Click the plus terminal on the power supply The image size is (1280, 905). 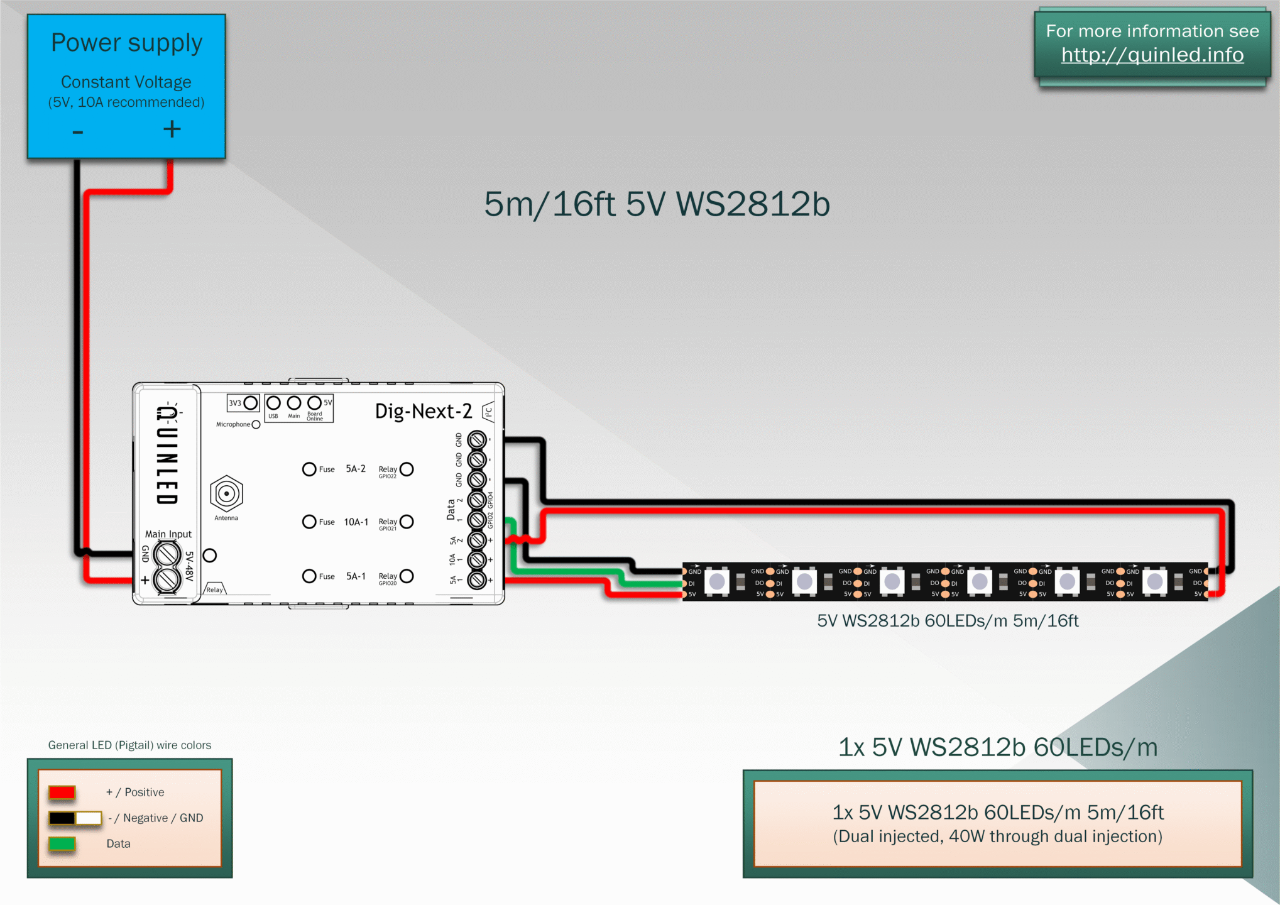click(x=172, y=129)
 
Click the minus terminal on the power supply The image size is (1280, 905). click(x=78, y=132)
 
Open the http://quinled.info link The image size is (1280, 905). click(x=1152, y=55)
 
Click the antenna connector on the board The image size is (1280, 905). click(x=226, y=494)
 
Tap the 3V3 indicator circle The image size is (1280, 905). click(x=251, y=402)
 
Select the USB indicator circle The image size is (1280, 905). click(x=273, y=403)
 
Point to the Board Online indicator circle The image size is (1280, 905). click(x=314, y=402)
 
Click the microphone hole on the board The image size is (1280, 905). click(x=256, y=425)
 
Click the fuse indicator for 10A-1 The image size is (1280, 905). click(x=309, y=522)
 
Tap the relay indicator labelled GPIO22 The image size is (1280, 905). click(x=407, y=469)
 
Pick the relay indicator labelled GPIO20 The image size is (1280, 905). click(x=407, y=576)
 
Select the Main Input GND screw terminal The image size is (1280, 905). click(x=167, y=554)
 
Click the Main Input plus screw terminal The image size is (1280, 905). click(x=167, y=579)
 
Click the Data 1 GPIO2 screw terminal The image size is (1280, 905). click(x=477, y=520)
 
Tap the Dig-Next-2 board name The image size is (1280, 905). click(x=423, y=411)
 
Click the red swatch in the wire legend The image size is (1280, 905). click(x=62, y=793)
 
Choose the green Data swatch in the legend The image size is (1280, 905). click(x=62, y=844)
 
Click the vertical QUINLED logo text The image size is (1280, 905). click(x=167, y=456)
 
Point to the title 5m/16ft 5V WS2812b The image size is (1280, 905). click(x=657, y=204)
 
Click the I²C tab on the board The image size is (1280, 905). click(x=488, y=412)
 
